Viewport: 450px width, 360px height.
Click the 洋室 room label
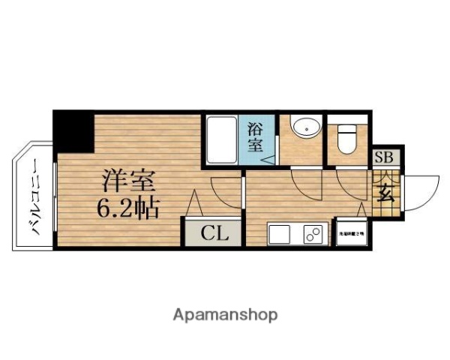[129, 181]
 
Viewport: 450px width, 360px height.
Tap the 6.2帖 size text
[127, 207]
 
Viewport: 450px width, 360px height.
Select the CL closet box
[213, 232]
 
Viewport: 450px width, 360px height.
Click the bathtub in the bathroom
[220, 140]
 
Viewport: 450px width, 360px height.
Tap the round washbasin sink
[305, 127]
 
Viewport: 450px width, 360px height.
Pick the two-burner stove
[312, 235]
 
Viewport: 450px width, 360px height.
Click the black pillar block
[72, 131]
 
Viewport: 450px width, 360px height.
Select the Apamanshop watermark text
[224, 314]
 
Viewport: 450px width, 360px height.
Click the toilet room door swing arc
[349, 181]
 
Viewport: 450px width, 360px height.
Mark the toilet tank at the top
[347, 127]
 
